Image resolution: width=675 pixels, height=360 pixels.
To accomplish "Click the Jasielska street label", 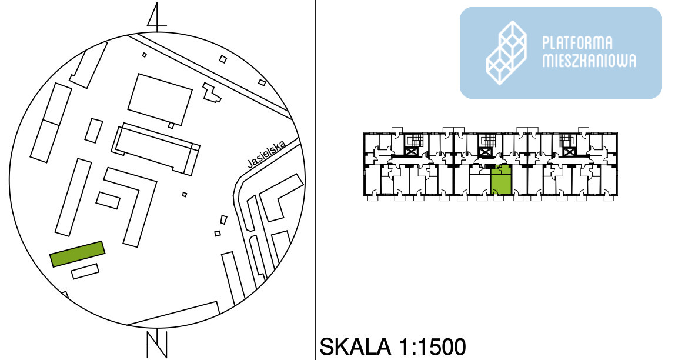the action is click(267, 155).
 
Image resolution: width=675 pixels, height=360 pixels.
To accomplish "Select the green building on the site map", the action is click(77, 254).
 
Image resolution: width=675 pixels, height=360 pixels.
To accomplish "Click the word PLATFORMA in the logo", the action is click(577, 43).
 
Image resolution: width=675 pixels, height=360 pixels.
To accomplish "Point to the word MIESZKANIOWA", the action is click(589, 61).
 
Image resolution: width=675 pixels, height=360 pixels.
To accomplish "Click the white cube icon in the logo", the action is click(507, 52).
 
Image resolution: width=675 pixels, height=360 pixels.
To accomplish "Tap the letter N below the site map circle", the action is click(156, 344).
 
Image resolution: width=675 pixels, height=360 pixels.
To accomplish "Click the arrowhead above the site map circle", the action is click(156, 16).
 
